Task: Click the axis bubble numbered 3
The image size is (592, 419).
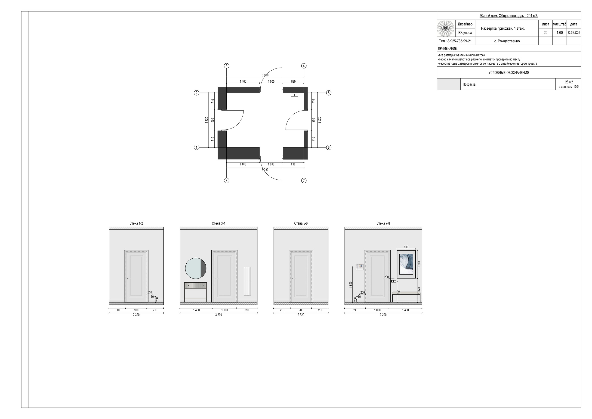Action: pos(226,66)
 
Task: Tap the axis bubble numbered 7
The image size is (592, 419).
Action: pos(304,181)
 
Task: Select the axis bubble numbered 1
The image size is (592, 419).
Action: pos(197,147)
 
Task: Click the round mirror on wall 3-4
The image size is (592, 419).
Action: pos(196,268)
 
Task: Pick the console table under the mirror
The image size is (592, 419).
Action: pos(196,292)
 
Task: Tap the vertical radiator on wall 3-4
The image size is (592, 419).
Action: pos(247,281)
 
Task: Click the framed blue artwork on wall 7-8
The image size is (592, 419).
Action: pos(406,264)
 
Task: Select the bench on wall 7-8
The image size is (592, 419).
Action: pos(406,297)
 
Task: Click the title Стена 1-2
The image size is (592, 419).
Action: pos(136,223)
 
